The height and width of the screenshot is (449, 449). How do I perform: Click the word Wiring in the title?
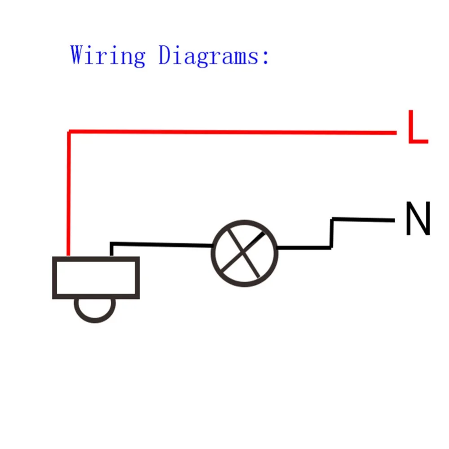(x=108, y=56)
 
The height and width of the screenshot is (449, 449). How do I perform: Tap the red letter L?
(x=418, y=127)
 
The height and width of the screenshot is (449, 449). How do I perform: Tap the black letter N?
(x=418, y=218)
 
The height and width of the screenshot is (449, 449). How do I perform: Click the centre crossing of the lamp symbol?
(x=243, y=252)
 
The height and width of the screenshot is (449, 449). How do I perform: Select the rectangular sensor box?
(x=96, y=278)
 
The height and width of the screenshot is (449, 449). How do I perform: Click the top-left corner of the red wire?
(x=69, y=132)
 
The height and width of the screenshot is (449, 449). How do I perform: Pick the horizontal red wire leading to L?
(x=233, y=132)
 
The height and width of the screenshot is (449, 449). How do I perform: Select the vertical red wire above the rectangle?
(x=68, y=194)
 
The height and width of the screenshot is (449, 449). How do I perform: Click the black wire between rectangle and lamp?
(x=162, y=245)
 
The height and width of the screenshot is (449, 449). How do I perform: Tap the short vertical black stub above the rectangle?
(x=112, y=250)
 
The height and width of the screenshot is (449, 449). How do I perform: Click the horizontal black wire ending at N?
(x=363, y=220)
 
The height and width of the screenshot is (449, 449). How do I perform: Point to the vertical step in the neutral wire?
(x=332, y=233)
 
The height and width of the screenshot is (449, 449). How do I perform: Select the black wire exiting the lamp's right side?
(x=304, y=247)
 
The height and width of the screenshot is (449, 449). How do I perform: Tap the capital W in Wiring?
(x=79, y=54)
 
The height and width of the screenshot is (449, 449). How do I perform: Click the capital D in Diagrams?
(x=167, y=54)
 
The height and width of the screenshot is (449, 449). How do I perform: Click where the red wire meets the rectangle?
(x=68, y=256)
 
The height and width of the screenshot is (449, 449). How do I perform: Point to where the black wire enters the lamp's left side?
(x=212, y=246)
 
